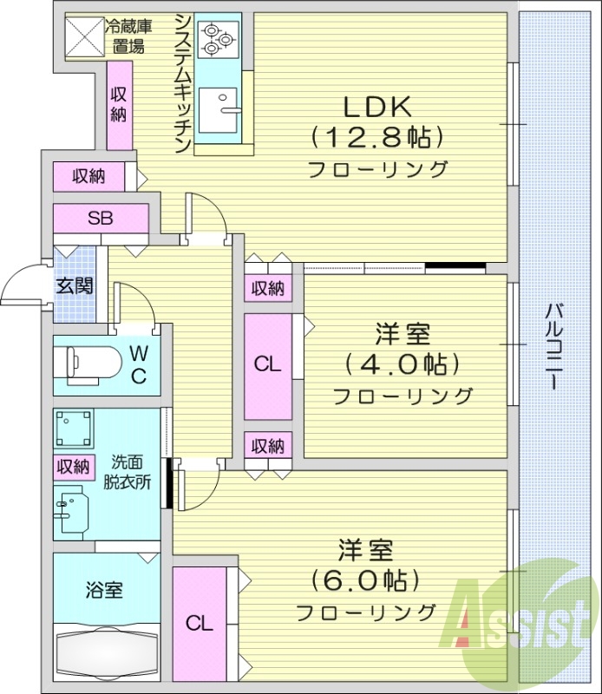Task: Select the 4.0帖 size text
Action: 403,363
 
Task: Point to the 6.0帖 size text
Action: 365,579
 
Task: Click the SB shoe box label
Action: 100,218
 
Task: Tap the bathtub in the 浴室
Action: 105,651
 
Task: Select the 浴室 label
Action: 103,591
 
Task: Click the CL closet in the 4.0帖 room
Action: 268,365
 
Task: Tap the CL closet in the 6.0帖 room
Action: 200,622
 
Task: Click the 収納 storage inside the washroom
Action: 74,467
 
